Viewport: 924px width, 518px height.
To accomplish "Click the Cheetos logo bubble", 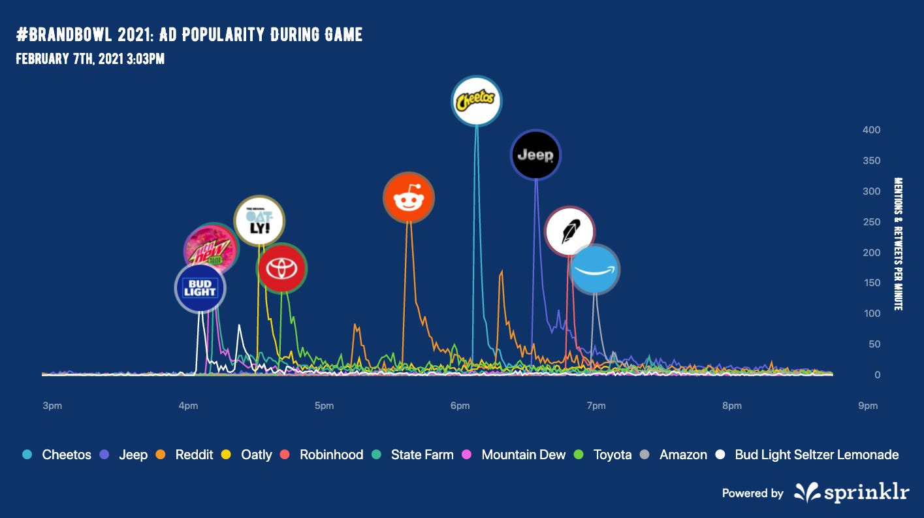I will tap(477, 101).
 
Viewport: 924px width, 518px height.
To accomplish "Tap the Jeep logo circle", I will tap(535, 155).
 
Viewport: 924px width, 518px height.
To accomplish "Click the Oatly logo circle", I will tap(259, 220).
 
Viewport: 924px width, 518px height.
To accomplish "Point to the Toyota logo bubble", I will tap(282, 268).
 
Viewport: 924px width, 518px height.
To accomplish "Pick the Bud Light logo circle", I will tap(200, 288).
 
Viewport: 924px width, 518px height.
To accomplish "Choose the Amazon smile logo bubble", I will tap(595, 269).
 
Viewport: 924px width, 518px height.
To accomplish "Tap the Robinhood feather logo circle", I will tap(569, 231).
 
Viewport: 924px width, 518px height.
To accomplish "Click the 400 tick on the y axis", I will tap(871, 130).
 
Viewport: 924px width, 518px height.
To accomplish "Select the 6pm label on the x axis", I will tap(460, 406).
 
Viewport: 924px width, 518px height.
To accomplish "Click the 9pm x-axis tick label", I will tap(867, 406).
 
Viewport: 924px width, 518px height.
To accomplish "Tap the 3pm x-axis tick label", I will tap(52, 406).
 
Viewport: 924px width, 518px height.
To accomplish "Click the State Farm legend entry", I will tap(413, 455).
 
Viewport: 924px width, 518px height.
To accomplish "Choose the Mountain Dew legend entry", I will tap(515, 455).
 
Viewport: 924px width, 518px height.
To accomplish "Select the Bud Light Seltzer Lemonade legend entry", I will tap(808, 455).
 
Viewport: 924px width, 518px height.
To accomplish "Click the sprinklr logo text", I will tap(852, 493).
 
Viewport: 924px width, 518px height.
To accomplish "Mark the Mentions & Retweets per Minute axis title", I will tap(898, 244).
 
